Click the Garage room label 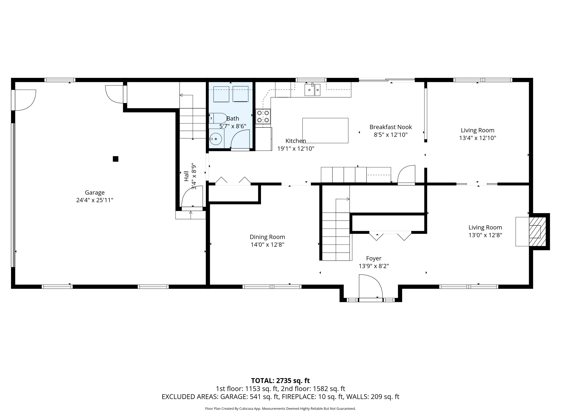(x=95, y=193)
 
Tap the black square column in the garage (x=116, y=159)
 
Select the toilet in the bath (x=218, y=118)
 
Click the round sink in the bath (x=216, y=139)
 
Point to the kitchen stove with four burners (x=263, y=116)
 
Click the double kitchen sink (x=312, y=90)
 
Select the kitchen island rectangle (x=325, y=131)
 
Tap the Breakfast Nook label (x=391, y=127)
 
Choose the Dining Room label (x=267, y=237)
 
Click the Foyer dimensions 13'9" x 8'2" (x=374, y=266)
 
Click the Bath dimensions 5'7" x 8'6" (x=233, y=126)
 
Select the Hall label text (x=186, y=176)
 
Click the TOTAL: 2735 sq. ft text (x=280, y=380)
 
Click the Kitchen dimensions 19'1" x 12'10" (x=296, y=149)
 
